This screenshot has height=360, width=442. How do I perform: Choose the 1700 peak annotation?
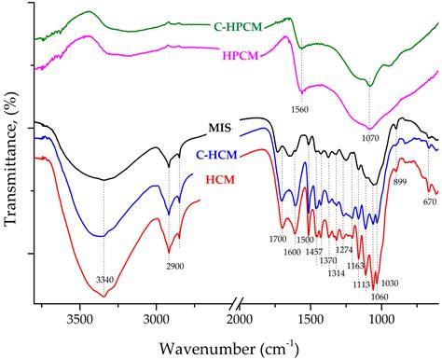pyautogui.click(x=277, y=238)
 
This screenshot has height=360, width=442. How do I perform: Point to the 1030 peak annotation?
pyautogui.click(x=389, y=283)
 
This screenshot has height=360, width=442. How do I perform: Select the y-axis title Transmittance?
pyautogui.click(x=11, y=152)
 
